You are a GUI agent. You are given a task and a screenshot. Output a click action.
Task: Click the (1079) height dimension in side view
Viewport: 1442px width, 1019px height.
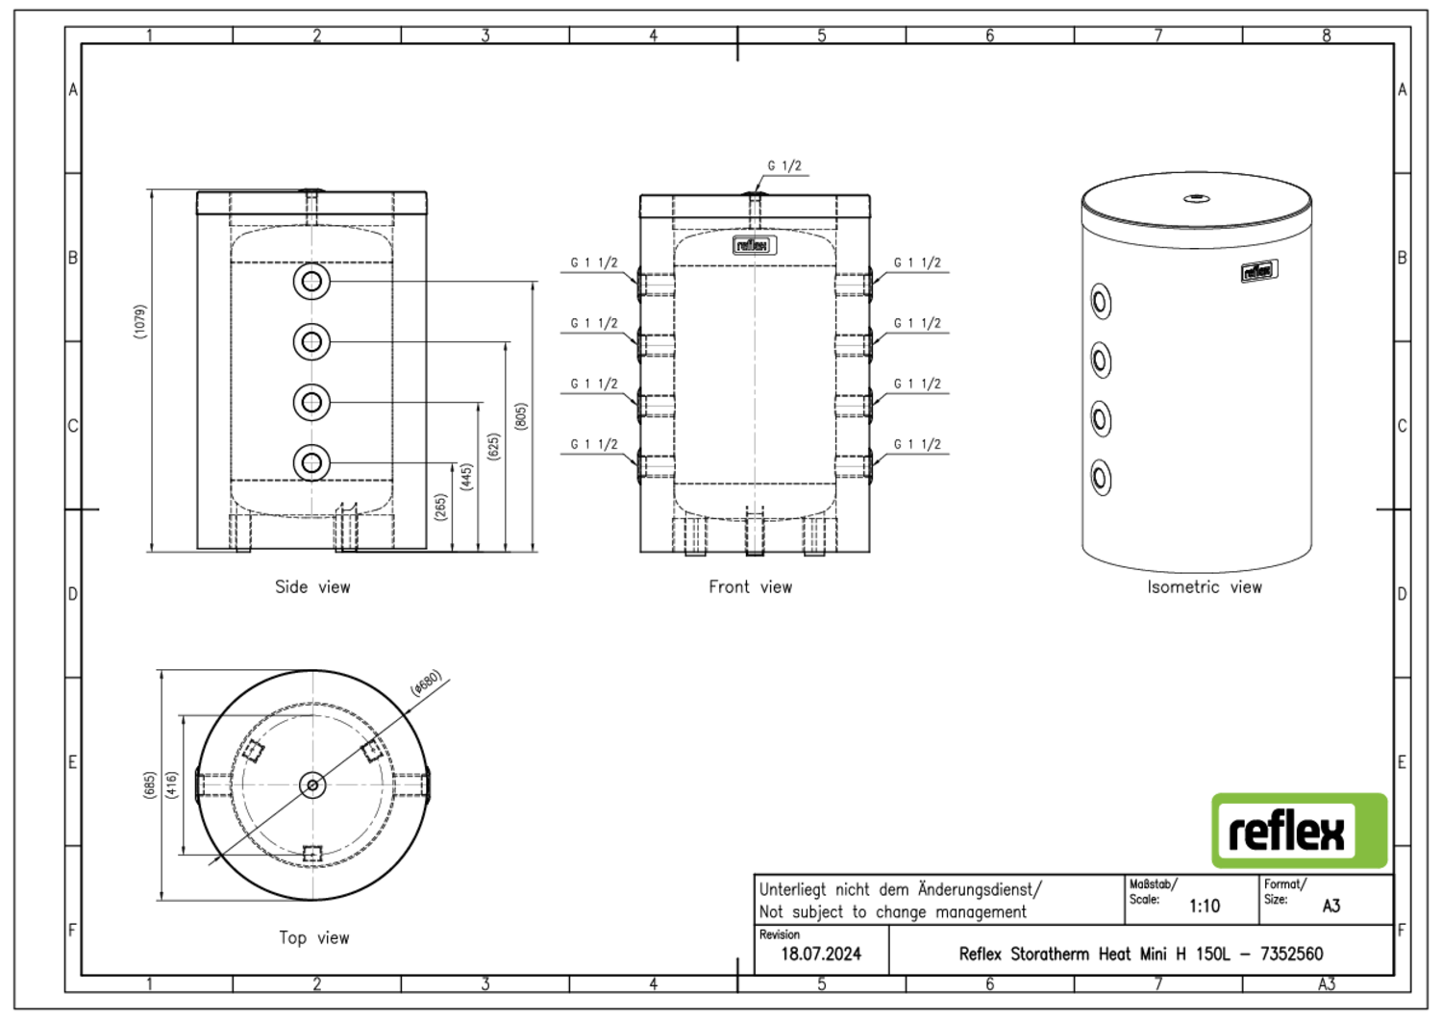140,321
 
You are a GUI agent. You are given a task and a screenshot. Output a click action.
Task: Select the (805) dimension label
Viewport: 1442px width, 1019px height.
520,416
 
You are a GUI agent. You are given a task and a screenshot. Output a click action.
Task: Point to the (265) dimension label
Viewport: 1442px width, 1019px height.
440,508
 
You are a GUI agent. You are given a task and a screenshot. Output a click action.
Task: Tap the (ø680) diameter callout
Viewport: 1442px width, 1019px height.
425,683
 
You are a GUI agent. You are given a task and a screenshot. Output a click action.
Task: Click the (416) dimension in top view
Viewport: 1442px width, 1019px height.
171,784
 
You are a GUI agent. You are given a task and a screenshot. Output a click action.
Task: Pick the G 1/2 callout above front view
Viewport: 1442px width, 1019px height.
783,165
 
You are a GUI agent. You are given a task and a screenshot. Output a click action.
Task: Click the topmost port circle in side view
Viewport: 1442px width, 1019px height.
311,282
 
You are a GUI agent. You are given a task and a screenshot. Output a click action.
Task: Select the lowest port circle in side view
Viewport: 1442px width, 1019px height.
311,462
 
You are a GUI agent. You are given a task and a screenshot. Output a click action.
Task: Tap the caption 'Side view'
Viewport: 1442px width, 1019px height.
312,586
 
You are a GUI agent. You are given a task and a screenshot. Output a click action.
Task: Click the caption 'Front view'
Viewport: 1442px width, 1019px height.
750,586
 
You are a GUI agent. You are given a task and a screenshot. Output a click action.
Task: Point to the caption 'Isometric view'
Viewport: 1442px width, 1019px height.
1204,586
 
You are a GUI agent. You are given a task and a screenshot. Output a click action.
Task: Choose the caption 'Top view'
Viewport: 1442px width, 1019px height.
314,937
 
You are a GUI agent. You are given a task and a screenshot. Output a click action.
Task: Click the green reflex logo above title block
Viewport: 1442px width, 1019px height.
1299,831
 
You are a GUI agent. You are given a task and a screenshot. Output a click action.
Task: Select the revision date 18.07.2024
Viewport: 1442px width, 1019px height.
820,954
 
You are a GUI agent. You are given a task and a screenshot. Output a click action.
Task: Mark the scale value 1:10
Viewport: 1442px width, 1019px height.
1204,906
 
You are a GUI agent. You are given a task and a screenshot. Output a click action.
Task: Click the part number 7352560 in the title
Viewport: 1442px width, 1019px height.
1291,954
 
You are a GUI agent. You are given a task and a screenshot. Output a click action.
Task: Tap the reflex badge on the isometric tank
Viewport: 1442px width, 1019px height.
1257,271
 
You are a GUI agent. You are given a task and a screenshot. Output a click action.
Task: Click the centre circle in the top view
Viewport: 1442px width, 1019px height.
311,785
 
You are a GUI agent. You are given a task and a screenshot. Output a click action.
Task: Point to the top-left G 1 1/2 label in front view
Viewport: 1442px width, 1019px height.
594,262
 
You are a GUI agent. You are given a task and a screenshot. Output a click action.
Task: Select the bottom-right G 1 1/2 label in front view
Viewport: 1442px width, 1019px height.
917,444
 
